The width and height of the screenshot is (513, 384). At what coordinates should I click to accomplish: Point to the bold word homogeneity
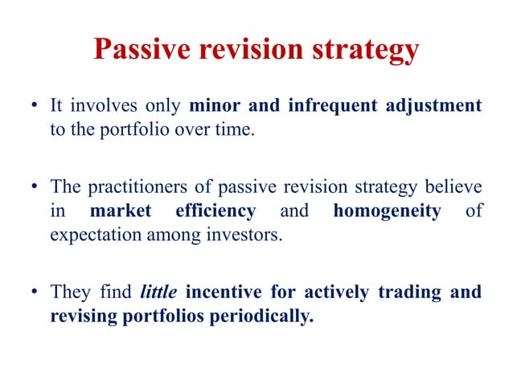click(391, 211)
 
